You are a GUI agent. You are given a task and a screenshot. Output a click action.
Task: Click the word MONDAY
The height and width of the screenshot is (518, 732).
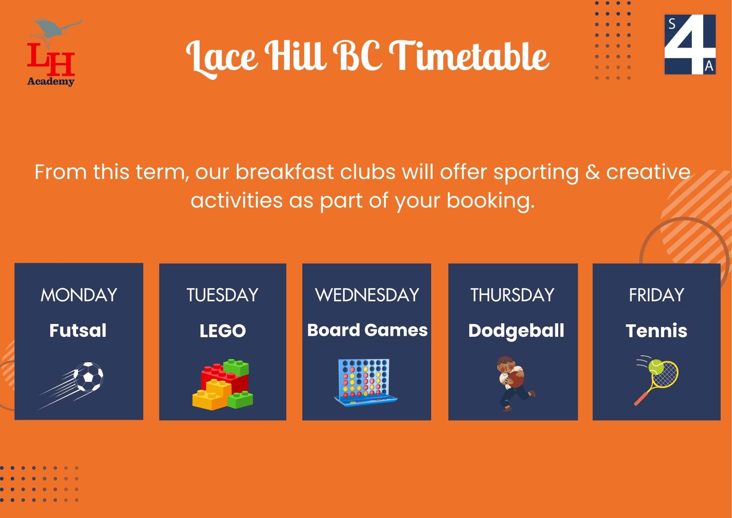(x=79, y=295)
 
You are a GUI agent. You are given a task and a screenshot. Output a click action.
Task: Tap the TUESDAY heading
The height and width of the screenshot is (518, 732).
(x=223, y=295)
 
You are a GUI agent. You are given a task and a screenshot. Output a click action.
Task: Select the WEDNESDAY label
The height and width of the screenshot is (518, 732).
(x=367, y=295)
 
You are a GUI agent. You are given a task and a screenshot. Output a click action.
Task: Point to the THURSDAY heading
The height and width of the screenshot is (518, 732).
(x=512, y=295)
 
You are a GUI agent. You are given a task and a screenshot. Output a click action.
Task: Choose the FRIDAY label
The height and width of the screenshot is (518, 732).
(x=657, y=295)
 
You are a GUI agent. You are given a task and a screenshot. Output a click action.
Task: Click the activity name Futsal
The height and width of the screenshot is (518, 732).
(x=78, y=331)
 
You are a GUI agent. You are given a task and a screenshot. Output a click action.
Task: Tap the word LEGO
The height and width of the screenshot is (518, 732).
(x=223, y=331)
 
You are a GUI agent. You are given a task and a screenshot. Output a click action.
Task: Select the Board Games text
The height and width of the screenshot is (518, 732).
(x=367, y=330)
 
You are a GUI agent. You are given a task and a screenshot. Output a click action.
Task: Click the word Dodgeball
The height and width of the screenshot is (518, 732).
(x=516, y=331)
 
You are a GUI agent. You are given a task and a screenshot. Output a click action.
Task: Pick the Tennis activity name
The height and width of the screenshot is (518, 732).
(x=657, y=331)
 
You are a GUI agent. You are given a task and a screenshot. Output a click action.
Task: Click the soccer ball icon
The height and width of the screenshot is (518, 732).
(x=88, y=377)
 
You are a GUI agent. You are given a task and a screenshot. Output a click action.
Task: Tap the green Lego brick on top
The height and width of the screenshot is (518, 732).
(x=236, y=367)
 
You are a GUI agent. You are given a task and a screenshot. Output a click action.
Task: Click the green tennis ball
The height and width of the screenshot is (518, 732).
(x=656, y=366)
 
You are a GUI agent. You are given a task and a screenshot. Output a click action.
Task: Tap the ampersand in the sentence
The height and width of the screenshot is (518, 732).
(x=592, y=172)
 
